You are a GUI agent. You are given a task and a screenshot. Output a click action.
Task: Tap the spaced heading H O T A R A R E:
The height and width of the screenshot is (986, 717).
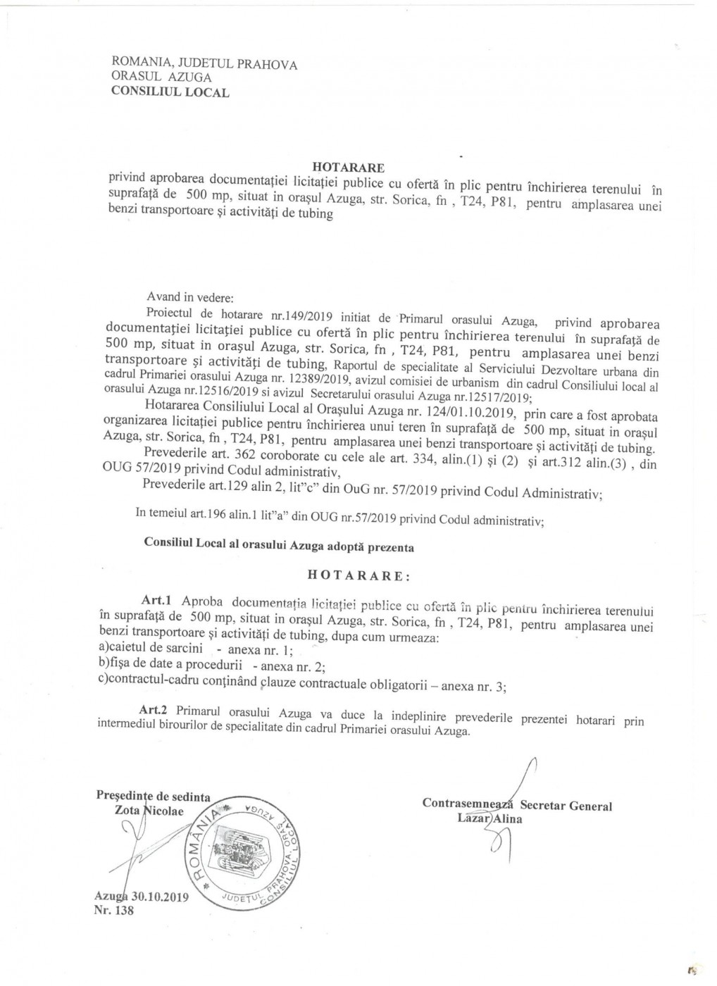(x=358, y=575)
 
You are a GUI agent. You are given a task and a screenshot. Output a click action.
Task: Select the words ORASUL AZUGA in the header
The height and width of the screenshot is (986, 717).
(x=161, y=77)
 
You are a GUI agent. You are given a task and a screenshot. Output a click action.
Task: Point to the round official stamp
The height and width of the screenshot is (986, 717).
(x=241, y=853)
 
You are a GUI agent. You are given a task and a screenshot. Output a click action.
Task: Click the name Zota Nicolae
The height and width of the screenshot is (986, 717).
(x=149, y=811)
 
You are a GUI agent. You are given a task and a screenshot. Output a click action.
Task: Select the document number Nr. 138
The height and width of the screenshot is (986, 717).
(x=113, y=911)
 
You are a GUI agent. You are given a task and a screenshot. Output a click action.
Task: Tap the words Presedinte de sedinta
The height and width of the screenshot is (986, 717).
(x=153, y=797)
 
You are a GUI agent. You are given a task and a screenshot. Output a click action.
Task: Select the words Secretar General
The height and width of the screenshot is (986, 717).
(x=566, y=806)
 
